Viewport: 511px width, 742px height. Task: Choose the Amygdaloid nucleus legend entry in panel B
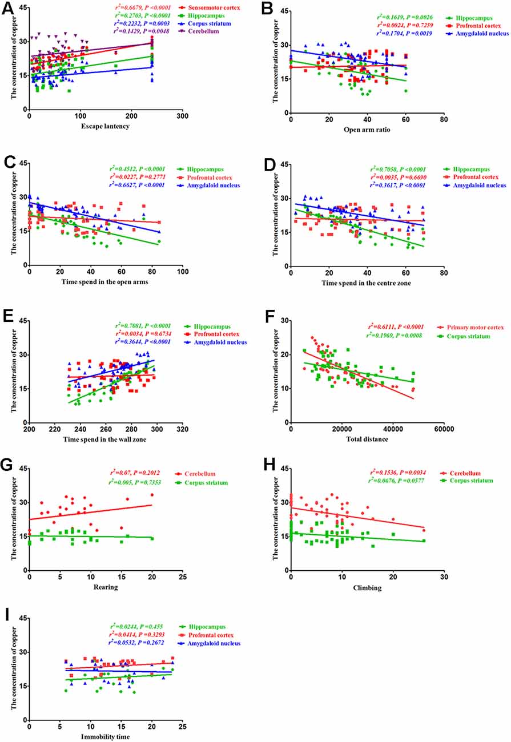[x=484, y=33]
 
